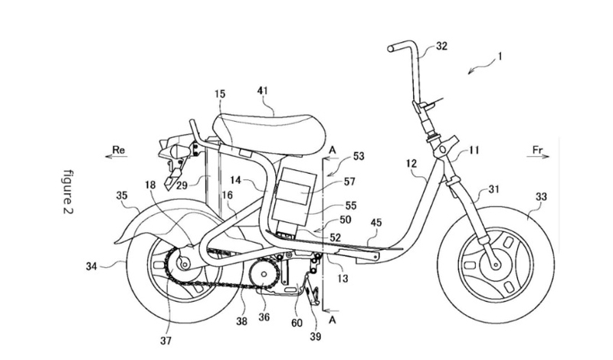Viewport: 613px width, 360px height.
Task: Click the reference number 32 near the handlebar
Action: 441,46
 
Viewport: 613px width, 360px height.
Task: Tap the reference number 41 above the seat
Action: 264,91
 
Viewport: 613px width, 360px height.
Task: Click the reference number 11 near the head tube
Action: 474,152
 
